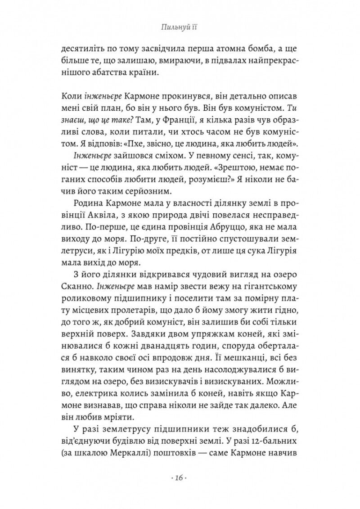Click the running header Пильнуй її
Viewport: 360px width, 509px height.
(x=180, y=28)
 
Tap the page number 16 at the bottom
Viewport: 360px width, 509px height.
(x=180, y=477)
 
